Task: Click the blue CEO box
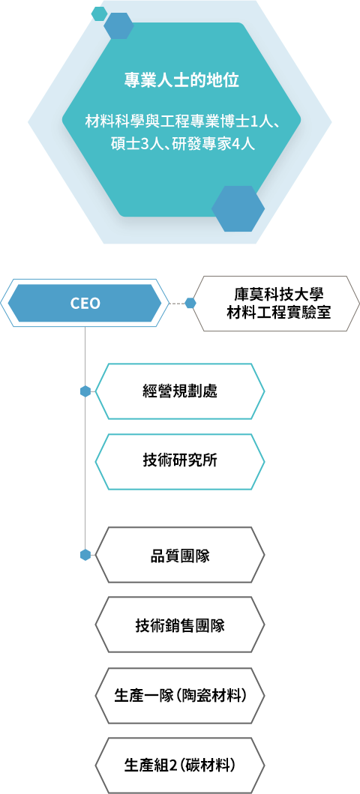point(85,304)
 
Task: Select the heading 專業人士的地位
point(181,80)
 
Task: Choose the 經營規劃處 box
point(180,391)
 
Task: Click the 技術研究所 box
point(180,461)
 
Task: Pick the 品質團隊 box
point(180,555)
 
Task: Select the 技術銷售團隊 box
point(180,625)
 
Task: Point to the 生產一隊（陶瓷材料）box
point(180,695)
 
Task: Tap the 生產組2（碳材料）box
point(180,766)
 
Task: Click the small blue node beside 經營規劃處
point(85,391)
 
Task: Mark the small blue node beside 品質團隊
point(85,555)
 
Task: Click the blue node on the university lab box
point(190,304)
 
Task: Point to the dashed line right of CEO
point(176,304)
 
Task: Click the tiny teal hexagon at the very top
point(99,13)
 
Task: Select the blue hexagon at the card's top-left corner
point(118,25)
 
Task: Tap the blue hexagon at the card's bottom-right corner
point(238,208)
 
